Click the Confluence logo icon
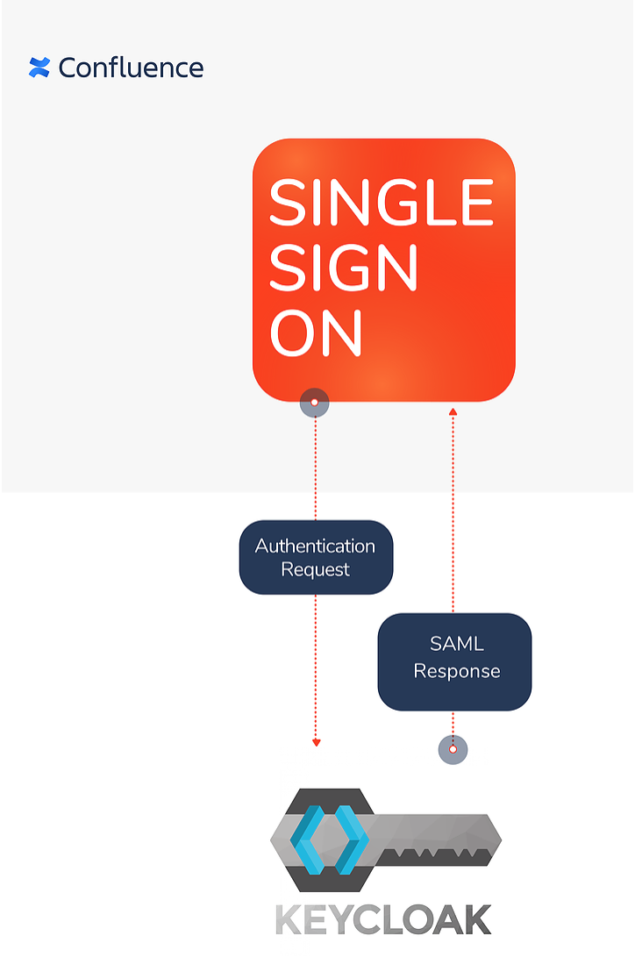39,68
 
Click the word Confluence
131,68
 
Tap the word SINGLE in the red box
382,202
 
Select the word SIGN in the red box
344,268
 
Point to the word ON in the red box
316,332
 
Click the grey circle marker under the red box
315,403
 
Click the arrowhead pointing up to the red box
453,411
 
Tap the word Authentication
316,546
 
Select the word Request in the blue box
316,569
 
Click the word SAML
456,644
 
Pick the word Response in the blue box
456,671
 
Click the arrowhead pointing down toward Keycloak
317,742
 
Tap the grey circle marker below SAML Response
453,749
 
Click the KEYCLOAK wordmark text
383,919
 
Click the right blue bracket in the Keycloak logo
353,840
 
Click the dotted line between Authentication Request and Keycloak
316,667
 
